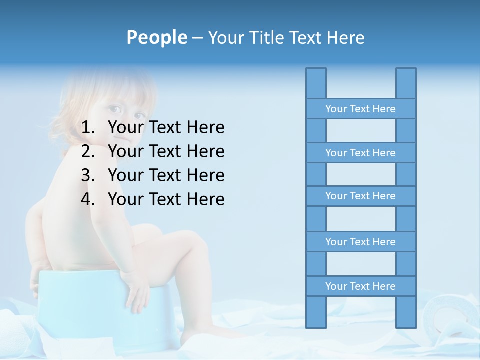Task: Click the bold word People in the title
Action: [x=156, y=37]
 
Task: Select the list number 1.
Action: [x=88, y=128]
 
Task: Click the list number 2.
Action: [x=88, y=151]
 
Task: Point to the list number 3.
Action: [x=88, y=175]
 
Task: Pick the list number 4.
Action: [x=88, y=199]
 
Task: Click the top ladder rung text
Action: [x=360, y=109]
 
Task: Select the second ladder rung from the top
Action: [x=360, y=153]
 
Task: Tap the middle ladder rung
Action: [x=360, y=196]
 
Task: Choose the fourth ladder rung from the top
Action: [x=360, y=242]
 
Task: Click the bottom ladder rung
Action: [x=360, y=286]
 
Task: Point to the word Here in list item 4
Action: [x=205, y=199]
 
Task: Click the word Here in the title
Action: [x=346, y=37]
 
